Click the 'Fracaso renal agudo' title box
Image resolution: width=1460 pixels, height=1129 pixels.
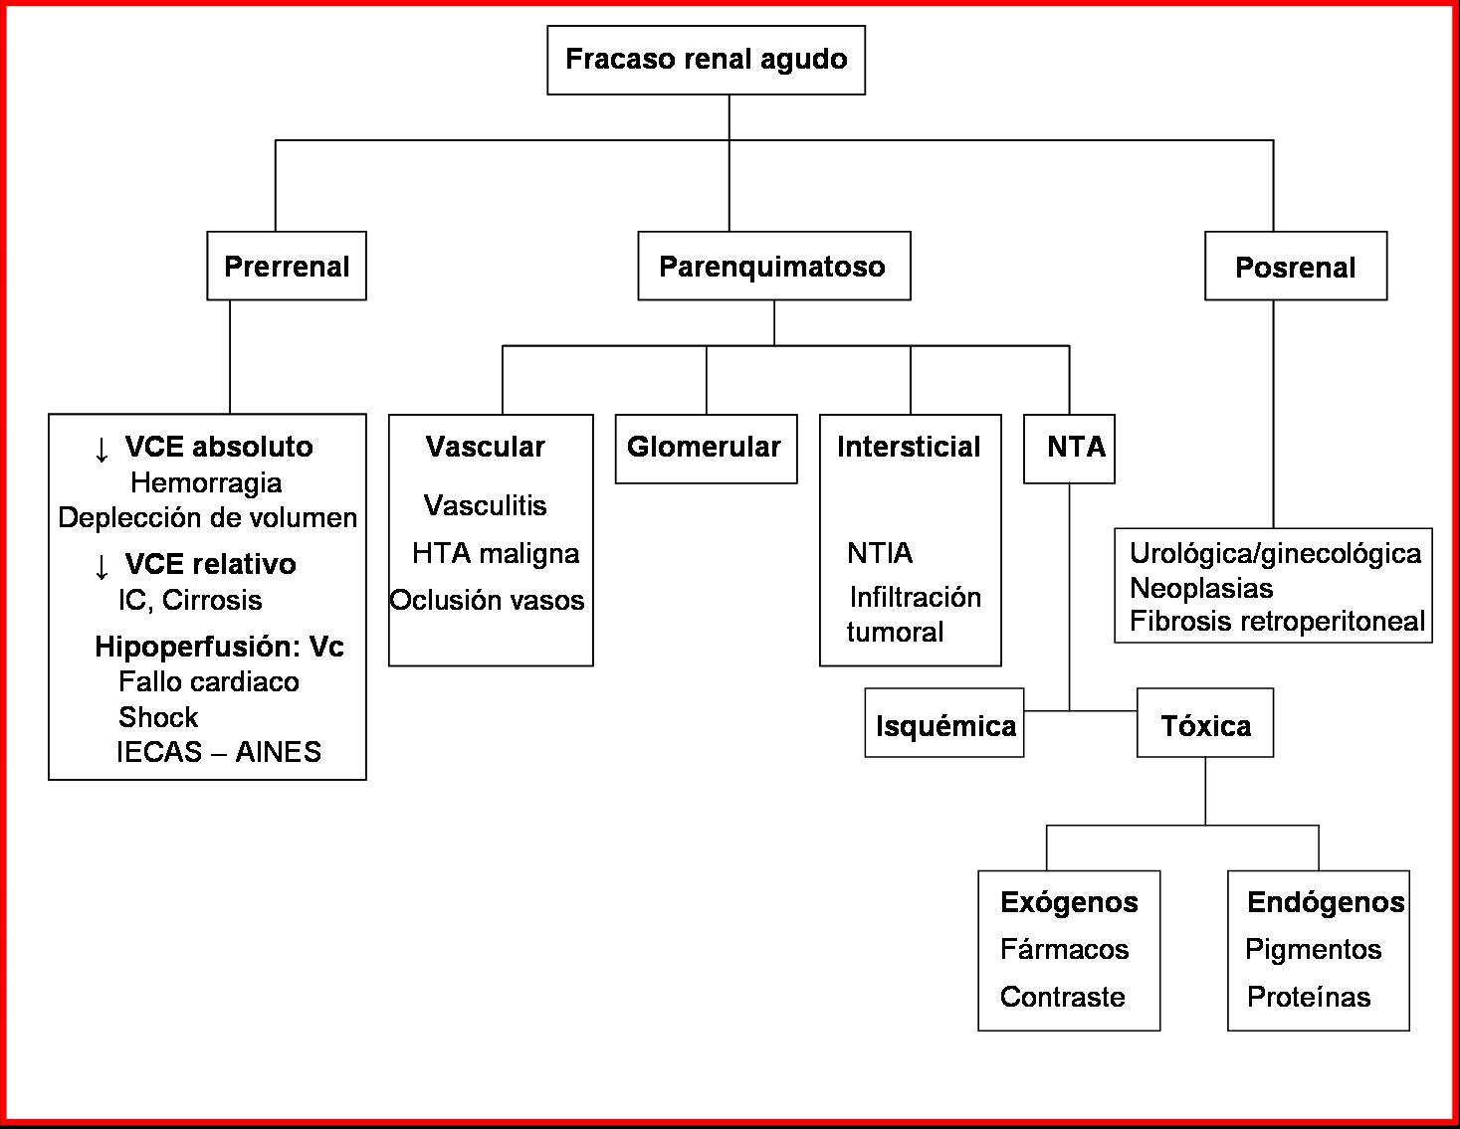coord(706,60)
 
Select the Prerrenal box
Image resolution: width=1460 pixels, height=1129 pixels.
coord(287,267)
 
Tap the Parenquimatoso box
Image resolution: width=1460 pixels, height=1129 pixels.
coord(773,267)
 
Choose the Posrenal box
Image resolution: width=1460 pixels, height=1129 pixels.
coord(1295,267)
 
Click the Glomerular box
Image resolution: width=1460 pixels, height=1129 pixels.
coord(705,448)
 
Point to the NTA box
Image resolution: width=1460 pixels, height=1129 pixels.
coord(1069,448)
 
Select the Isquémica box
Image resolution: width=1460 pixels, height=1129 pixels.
coord(944,724)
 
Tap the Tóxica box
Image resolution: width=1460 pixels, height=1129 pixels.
coord(1205,724)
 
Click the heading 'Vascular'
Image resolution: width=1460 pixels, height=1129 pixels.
coord(486,448)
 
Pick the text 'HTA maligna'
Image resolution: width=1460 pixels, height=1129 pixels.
coord(495,553)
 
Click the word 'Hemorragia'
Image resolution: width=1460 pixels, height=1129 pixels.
coord(206,483)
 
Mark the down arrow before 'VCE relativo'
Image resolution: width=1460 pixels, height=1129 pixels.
coord(101,566)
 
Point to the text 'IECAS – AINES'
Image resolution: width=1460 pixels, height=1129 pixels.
coord(219,752)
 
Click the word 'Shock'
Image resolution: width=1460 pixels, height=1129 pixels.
coord(158,717)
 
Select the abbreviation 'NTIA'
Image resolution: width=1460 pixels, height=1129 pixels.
coord(880,553)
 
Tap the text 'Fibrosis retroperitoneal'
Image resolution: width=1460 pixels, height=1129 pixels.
coord(1277,622)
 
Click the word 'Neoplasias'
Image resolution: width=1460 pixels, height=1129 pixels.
coord(1201,588)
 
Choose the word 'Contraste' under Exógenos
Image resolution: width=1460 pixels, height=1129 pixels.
coord(1062,997)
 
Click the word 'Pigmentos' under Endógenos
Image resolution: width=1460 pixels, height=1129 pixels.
coord(1313,950)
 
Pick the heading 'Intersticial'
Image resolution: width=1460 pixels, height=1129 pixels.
coord(909,448)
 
